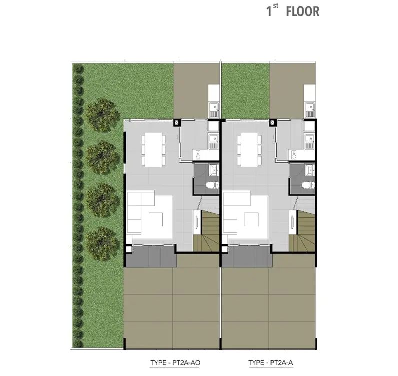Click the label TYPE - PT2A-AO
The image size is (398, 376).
(175, 363)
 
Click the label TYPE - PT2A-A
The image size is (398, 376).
(270, 363)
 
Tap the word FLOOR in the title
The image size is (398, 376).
(303, 12)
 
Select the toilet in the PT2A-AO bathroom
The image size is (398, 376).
(212, 185)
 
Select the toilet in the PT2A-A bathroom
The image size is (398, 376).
(308, 185)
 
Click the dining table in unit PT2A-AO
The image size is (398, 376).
(153, 150)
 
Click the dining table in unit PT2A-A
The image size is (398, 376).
(249, 150)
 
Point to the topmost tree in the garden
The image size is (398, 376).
(102, 115)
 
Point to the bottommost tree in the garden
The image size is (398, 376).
(102, 243)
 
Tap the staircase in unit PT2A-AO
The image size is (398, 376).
(206, 230)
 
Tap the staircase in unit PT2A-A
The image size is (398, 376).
(302, 230)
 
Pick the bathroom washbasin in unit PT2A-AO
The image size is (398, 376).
(214, 170)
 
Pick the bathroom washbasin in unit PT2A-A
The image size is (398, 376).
(310, 170)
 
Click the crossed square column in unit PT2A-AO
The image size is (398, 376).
(176, 123)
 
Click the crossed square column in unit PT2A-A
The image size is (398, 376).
(273, 123)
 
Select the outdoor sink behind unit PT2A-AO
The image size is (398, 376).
(214, 110)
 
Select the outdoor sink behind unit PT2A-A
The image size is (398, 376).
(310, 110)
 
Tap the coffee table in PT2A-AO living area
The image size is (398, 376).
(156, 219)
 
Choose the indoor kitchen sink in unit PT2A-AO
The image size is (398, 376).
(214, 141)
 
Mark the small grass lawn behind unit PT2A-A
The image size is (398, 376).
(245, 91)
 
